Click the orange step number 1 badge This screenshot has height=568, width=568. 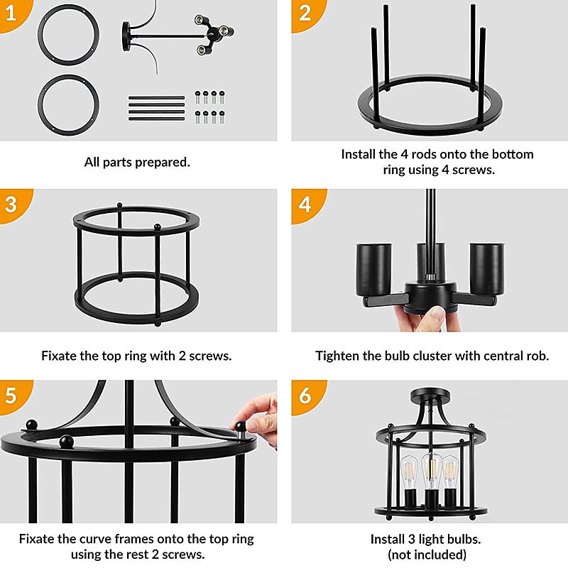(x=13, y=13)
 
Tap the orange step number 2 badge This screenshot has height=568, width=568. (x=306, y=13)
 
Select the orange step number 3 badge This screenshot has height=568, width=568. (x=13, y=204)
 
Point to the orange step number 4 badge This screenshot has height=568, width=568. (x=306, y=204)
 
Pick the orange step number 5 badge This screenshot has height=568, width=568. (x=13, y=395)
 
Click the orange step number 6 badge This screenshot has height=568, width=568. (x=306, y=395)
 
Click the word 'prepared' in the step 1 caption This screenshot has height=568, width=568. (x=163, y=163)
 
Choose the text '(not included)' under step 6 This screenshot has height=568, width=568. (x=427, y=555)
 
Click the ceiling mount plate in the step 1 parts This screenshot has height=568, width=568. (x=126, y=37)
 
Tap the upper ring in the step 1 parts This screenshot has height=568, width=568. (x=68, y=35)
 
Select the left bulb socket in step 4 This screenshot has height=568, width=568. (x=374, y=270)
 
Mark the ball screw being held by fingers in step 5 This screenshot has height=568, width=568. (x=240, y=427)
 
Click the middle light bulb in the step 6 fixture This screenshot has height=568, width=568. (x=431, y=470)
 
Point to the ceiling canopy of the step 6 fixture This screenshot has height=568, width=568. (x=431, y=394)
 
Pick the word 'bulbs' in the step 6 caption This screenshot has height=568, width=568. (x=465, y=540)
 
